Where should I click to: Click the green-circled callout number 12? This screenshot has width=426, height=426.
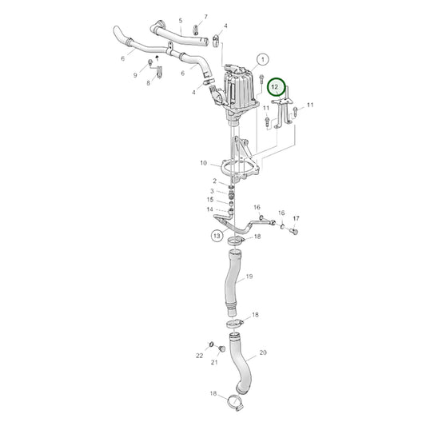click(x=275, y=87)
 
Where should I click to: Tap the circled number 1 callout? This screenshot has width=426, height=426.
click(x=262, y=59)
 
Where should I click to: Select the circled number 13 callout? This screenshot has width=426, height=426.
click(x=217, y=235)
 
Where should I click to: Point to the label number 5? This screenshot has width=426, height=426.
click(x=181, y=20)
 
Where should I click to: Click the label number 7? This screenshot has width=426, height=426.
click(x=205, y=17)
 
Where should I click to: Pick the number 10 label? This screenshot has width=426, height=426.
click(x=204, y=163)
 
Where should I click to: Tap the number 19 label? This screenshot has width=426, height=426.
click(x=249, y=277)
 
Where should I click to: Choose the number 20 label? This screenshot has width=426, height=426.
click(x=263, y=352)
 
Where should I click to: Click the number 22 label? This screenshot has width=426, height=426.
click(x=200, y=356)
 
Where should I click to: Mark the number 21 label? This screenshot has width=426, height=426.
click(x=214, y=362)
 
